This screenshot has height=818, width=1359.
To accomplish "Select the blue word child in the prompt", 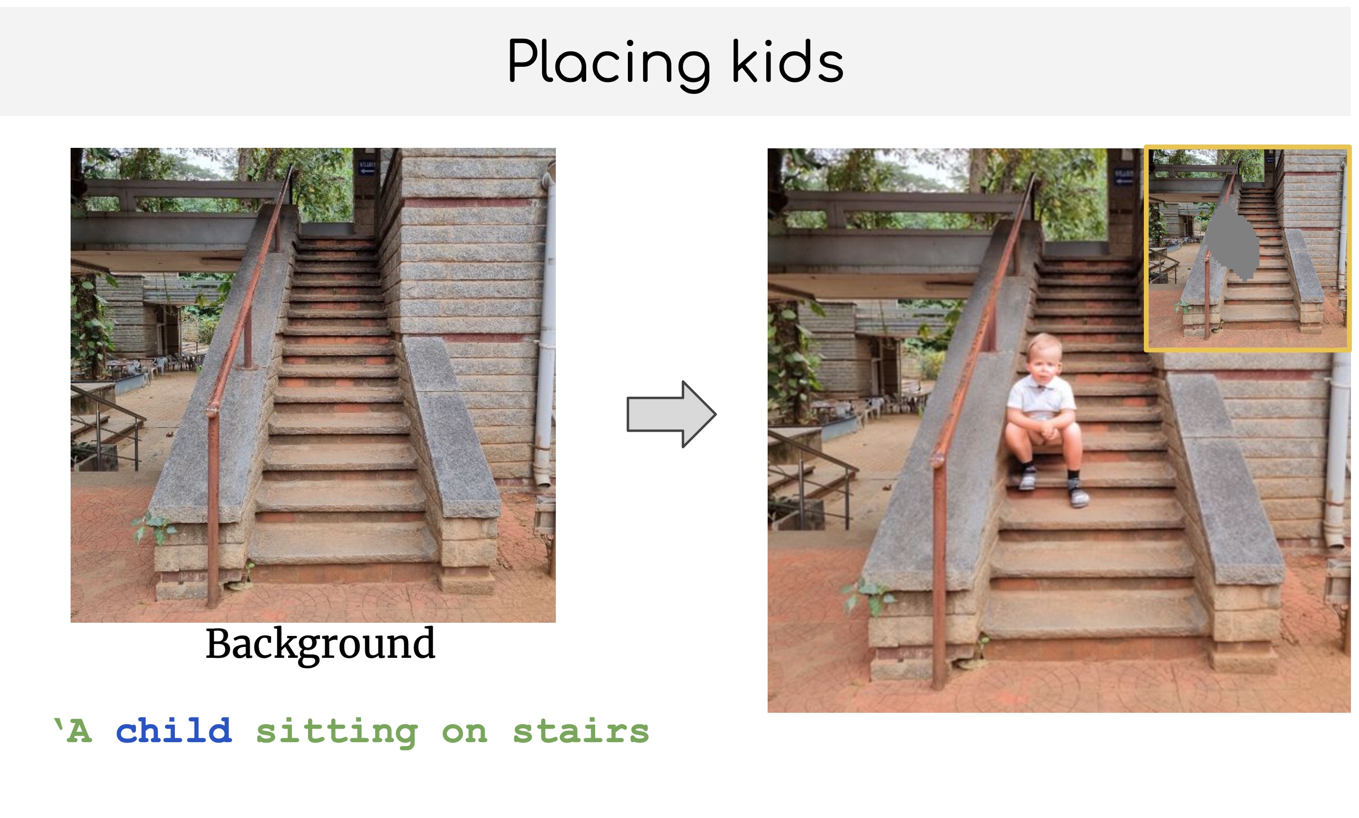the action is click(173, 731).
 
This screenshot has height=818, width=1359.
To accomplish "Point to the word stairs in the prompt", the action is click(581, 731).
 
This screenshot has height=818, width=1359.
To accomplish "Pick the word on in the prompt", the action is click(464, 734).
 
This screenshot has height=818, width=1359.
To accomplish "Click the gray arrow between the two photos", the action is click(671, 414).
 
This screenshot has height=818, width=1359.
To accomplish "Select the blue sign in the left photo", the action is click(366, 168).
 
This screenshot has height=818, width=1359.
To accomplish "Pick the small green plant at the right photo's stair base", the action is click(868, 595).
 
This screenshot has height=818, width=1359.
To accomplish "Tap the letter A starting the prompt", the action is click(79, 731).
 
